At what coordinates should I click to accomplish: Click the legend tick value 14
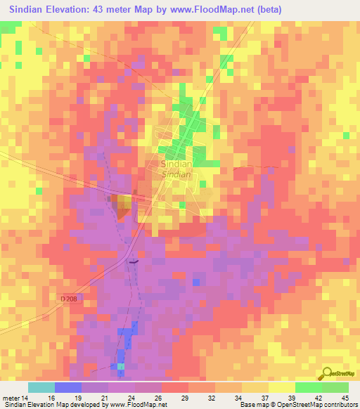tap(27, 396)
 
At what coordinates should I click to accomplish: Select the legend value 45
tap(345, 396)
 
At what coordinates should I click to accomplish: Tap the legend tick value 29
tap(185, 396)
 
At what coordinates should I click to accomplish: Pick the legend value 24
tap(131, 396)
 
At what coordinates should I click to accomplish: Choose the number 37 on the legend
tap(265, 396)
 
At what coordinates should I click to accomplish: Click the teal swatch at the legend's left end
tap(41, 387)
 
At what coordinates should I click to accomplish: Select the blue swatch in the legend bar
tap(67, 387)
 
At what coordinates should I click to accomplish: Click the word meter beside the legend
tap(11, 396)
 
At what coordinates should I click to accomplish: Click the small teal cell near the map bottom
tap(121, 366)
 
